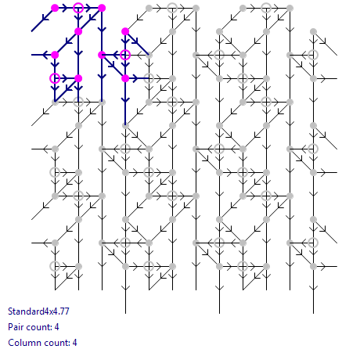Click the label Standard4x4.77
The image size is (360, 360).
(x=38, y=311)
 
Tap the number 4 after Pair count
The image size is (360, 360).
(x=56, y=327)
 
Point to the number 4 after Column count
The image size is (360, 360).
(x=74, y=343)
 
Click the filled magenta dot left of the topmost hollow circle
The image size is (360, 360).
(x=55, y=8)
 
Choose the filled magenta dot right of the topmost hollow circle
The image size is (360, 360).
(x=102, y=8)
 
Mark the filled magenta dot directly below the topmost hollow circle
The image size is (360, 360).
(x=78, y=31)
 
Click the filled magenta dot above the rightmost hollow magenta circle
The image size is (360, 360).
(x=125, y=31)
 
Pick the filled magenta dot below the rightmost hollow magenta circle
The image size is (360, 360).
(x=125, y=78)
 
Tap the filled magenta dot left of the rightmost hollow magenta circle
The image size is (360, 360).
(x=102, y=55)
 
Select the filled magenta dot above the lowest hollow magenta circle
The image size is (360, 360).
(x=55, y=55)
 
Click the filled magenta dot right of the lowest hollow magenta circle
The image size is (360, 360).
(x=78, y=78)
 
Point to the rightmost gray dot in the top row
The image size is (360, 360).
(x=290, y=8)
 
